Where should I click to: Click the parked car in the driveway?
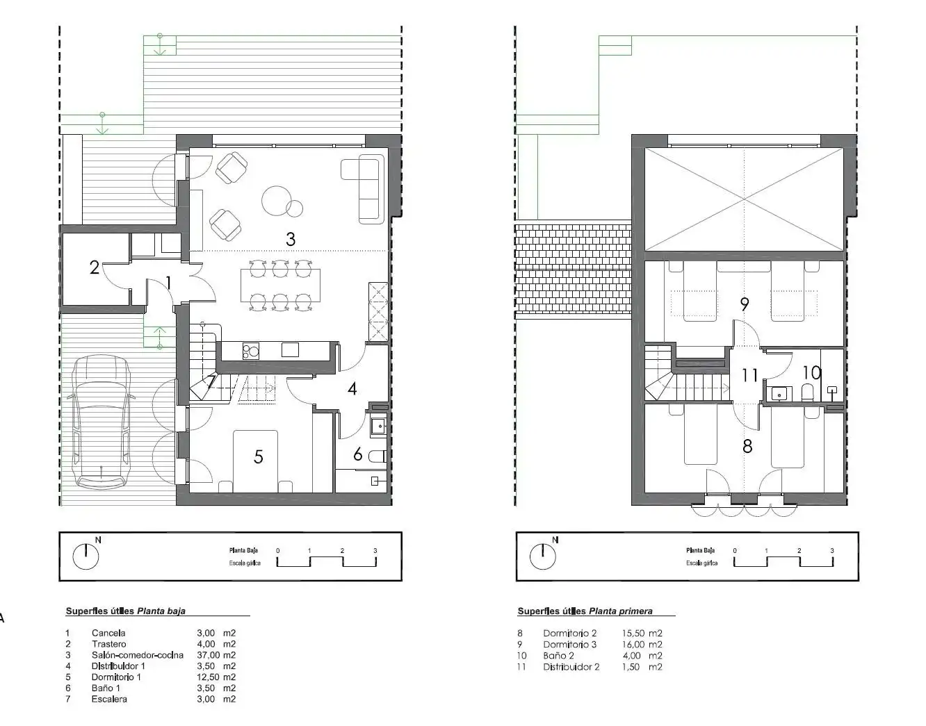click(x=101, y=422)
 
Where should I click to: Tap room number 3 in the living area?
click(x=291, y=239)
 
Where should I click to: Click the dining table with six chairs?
click(x=280, y=286)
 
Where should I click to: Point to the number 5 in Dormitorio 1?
click(x=258, y=457)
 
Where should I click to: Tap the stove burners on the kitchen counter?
click(x=250, y=351)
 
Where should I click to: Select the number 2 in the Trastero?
click(x=94, y=267)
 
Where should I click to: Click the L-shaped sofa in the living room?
click(x=364, y=189)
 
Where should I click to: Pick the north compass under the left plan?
click(x=86, y=556)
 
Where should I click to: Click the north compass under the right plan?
click(x=542, y=556)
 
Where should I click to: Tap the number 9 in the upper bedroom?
click(x=744, y=304)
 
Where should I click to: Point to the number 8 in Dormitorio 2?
click(x=747, y=446)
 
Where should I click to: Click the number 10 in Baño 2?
click(x=812, y=373)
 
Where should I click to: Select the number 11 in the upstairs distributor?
click(x=750, y=375)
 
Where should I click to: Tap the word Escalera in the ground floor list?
click(x=109, y=699)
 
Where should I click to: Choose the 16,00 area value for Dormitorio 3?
click(x=633, y=644)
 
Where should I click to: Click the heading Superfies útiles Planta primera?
click(x=585, y=611)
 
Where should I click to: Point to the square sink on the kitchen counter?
click(x=290, y=349)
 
